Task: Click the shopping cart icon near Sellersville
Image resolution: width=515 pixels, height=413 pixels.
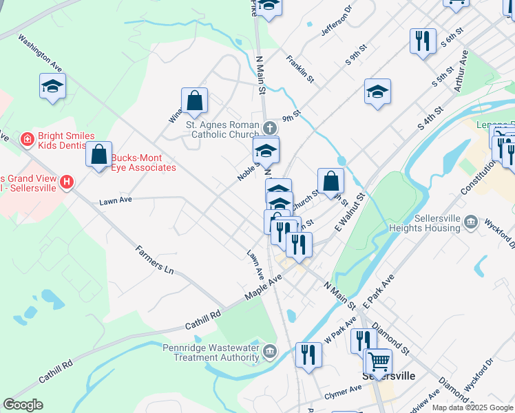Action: pos(379,361)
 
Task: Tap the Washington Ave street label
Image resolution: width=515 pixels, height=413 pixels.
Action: pos(41,54)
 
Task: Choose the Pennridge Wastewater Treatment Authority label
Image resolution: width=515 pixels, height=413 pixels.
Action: pos(213,352)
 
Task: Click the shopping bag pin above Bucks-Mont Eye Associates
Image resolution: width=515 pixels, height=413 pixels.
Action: pos(99,153)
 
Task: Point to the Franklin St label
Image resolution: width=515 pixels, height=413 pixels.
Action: pos(300,69)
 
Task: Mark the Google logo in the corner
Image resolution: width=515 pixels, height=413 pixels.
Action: pos(23,404)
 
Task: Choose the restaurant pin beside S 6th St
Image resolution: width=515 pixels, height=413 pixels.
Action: pos(423,41)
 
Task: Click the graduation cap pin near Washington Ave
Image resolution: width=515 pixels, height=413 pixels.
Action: pos(52,87)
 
